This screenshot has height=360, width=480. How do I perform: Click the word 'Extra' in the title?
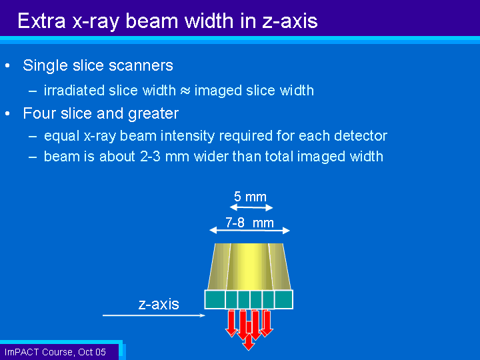coord(41,21)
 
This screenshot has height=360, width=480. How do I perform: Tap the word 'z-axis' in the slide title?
coord(289,21)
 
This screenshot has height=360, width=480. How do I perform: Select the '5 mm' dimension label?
coord(250,197)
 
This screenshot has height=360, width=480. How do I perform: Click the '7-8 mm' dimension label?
coord(249,223)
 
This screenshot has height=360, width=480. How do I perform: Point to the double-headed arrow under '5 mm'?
coord(251,207)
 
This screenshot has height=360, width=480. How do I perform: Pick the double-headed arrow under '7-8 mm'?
coord(249,230)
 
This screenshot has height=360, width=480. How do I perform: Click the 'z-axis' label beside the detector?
coord(159,304)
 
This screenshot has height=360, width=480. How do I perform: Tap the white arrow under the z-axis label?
coord(154,315)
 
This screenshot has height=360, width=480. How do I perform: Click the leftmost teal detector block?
coord(215,299)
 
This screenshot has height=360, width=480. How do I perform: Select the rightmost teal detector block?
coord(283,299)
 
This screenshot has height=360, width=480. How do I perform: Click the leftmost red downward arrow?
coord(231,323)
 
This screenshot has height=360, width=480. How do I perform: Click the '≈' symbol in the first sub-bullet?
coord(185,91)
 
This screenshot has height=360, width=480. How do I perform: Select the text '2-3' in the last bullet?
coord(150,157)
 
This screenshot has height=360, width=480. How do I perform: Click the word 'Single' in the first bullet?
coord(45,65)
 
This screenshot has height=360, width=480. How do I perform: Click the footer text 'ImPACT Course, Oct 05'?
coord(55,352)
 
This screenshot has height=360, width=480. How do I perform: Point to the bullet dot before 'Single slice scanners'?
coord(7,65)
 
